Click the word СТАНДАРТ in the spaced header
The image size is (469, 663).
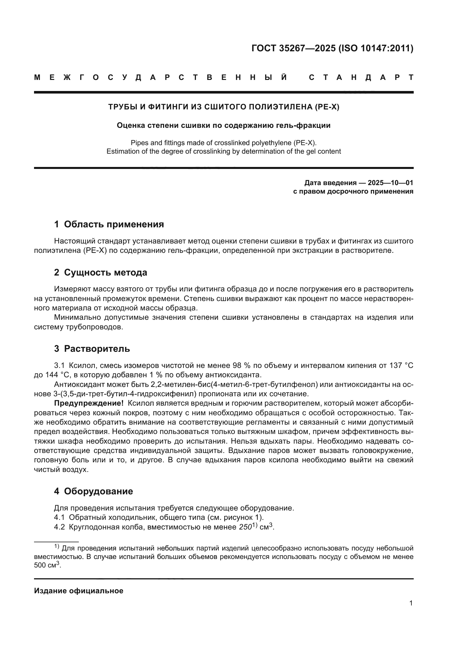tap(361, 77)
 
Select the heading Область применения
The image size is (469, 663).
tap(114, 224)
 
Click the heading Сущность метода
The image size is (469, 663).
tap(105, 272)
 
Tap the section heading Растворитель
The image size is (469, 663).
tap(97, 349)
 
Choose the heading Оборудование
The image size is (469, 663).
tap(98, 491)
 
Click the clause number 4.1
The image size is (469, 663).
tap(59, 517)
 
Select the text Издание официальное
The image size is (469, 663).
tap(79, 591)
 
